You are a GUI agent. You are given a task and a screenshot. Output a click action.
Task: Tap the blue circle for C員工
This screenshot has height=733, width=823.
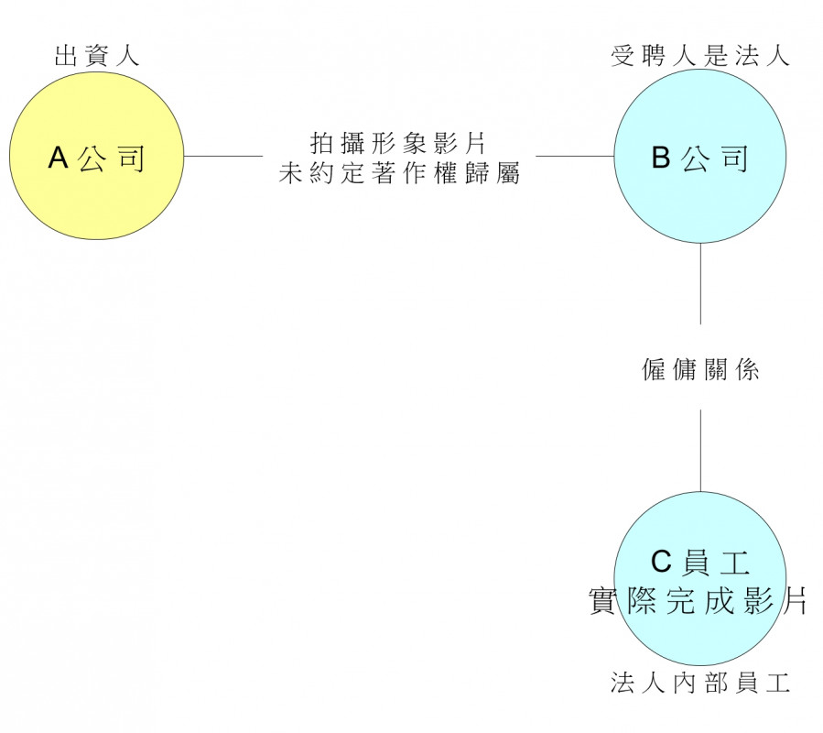pyautogui.click(x=700, y=641)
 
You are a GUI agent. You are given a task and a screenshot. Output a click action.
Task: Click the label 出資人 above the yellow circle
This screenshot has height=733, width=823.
pyautogui.click(x=97, y=57)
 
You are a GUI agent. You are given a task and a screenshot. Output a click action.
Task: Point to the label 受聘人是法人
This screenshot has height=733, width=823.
pyautogui.click(x=700, y=57)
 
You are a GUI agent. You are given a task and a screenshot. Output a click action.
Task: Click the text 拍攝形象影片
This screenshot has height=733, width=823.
pyautogui.click(x=398, y=144)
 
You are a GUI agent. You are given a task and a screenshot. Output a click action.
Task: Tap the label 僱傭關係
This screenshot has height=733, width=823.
pyautogui.click(x=700, y=371)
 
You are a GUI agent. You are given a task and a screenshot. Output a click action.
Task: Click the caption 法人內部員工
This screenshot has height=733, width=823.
pyautogui.click(x=700, y=683)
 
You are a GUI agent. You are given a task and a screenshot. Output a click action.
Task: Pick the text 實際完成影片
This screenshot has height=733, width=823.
pyautogui.click(x=698, y=601)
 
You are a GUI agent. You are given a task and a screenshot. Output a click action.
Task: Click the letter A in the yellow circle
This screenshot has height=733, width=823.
pyautogui.click(x=58, y=159)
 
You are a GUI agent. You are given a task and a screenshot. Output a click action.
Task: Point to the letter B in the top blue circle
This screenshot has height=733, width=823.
pyautogui.click(x=661, y=158)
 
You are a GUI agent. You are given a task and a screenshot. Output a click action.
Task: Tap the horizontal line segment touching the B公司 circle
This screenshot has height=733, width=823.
pyautogui.click(x=574, y=156)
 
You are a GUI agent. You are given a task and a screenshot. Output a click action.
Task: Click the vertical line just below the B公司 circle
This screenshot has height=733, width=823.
pyautogui.click(x=700, y=284)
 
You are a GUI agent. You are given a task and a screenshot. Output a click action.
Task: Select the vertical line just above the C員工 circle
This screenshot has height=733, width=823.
pyautogui.click(x=700, y=449)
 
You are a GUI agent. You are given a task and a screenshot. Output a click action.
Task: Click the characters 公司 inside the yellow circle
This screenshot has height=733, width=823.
pyautogui.click(x=112, y=159)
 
